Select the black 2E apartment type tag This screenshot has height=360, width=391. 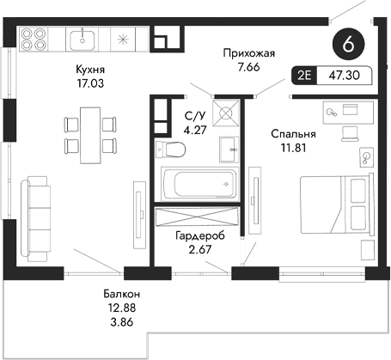pyautogui.click(x=304, y=76)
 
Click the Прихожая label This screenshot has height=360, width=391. pyautogui.click(x=247, y=52)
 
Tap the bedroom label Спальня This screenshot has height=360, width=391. pyautogui.click(x=293, y=135)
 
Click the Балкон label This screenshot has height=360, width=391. pyautogui.click(x=119, y=295)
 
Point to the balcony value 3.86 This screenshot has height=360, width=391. pyautogui.click(x=119, y=324)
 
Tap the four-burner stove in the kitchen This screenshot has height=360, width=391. pyautogui.click(x=34, y=40)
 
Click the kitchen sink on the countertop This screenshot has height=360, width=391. pyautogui.click(x=85, y=39)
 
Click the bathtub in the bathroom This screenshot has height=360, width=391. pyautogui.click(x=199, y=184)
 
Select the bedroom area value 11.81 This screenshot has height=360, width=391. pyautogui.click(x=293, y=149)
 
